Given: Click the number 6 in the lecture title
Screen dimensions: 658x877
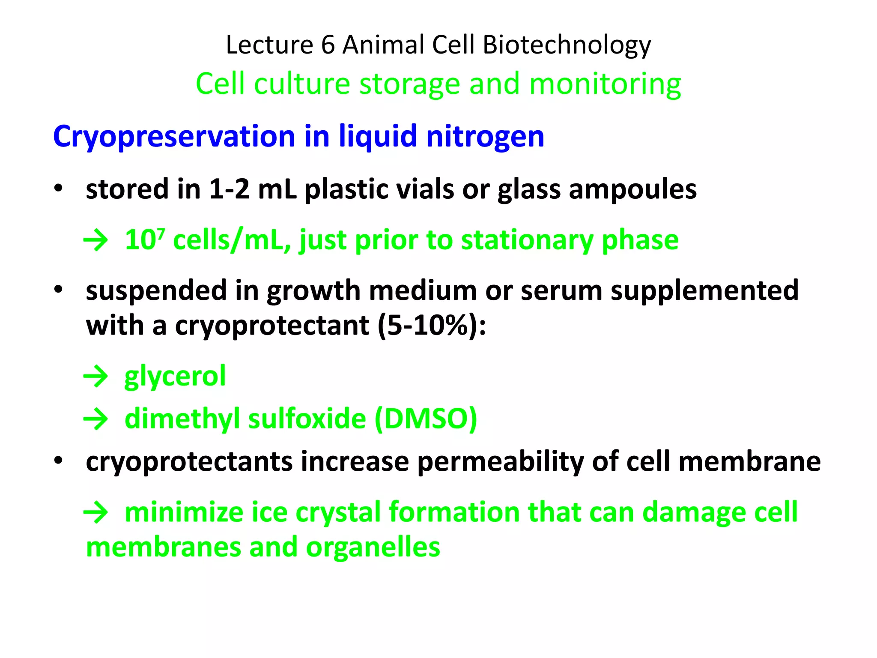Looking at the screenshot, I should tap(328, 45).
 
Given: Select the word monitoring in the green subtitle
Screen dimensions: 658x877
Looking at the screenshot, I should tap(605, 84).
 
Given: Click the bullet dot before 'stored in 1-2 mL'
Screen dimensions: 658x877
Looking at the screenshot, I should tap(59, 188).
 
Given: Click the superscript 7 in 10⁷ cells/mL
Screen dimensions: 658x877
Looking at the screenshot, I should tap(161, 233).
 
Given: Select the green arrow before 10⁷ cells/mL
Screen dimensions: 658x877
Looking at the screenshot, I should tap(95, 240).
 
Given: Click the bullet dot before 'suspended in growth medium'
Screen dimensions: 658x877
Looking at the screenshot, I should tap(59, 290).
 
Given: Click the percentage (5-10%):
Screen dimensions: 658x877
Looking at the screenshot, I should tap(432, 326).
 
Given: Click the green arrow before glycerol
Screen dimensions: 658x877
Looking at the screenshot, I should tap(95, 377).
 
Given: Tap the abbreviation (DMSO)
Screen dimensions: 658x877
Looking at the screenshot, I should tap(426, 419).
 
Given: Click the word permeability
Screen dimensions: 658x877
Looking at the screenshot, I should tap(500, 462).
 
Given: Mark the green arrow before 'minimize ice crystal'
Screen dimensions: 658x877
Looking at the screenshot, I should tap(95, 512).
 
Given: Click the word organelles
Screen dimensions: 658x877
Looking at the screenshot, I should tap(373, 547).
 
